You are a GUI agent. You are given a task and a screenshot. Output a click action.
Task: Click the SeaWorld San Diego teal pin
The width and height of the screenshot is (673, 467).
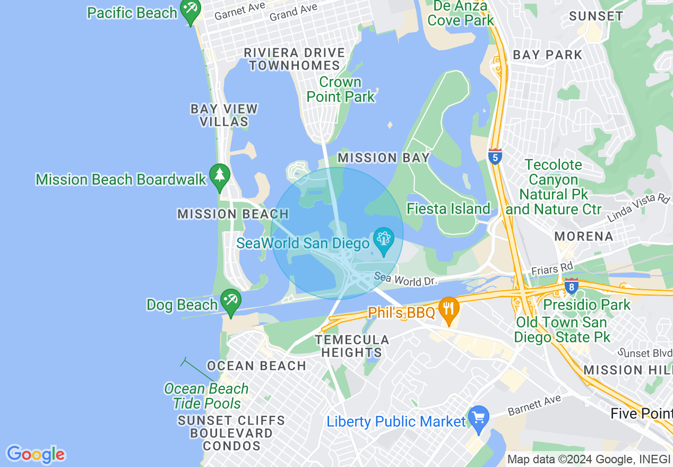383,240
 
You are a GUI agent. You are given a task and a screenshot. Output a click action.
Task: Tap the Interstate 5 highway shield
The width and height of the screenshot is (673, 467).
495,157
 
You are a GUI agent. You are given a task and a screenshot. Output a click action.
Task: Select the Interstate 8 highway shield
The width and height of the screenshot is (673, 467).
571,287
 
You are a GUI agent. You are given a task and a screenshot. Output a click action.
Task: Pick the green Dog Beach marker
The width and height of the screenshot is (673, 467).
230,301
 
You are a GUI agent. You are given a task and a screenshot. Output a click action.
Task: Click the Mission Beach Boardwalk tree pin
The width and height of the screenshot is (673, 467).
219,176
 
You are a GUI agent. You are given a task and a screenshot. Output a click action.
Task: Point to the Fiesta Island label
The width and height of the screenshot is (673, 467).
448,209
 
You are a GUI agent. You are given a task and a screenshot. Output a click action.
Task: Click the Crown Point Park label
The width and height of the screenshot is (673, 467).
340,90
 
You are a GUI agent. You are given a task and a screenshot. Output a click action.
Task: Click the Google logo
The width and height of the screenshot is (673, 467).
36,454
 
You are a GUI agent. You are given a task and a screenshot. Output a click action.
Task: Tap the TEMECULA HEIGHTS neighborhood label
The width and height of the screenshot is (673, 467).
352,346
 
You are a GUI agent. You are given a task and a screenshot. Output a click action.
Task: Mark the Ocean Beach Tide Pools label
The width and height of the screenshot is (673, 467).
206,396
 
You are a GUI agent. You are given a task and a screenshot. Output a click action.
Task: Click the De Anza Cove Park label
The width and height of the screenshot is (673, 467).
461,13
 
